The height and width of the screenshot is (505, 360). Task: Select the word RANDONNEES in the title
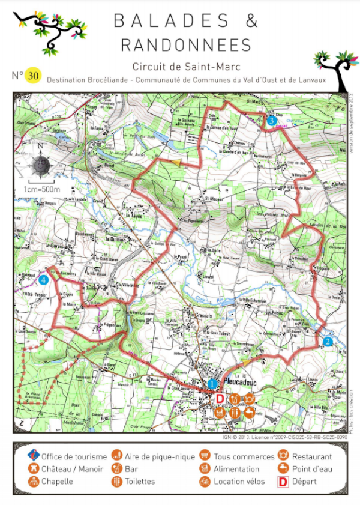point(186,45)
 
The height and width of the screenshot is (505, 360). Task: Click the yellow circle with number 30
point(33,76)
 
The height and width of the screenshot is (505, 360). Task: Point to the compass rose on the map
point(40,164)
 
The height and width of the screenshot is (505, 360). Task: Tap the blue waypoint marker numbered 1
point(212,383)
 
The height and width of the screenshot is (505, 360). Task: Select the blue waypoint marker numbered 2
point(328,342)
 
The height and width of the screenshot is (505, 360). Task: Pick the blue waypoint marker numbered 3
point(272,121)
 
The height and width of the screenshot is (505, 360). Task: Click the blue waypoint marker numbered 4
point(43,280)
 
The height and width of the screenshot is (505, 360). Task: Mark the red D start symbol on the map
point(219,398)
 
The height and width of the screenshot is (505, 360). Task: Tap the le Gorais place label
point(55,246)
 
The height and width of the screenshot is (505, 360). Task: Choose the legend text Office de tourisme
point(74,457)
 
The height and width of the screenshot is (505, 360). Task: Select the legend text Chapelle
point(58,481)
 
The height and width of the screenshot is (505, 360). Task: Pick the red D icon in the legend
point(280,481)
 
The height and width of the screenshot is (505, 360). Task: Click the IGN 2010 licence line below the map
point(281,437)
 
